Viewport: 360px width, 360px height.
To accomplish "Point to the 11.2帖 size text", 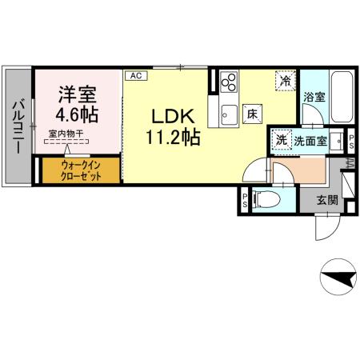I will [x=172, y=136].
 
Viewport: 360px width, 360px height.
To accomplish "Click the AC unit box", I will [x=135, y=75].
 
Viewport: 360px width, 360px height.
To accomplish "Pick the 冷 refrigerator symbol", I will [x=285, y=80].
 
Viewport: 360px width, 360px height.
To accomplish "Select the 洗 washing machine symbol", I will [x=281, y=139].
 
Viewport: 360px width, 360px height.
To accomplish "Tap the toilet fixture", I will [x=267, y=198].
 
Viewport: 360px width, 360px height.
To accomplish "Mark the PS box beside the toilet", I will [x=243, y=198].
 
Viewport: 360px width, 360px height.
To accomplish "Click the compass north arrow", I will [x=338, y=278].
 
